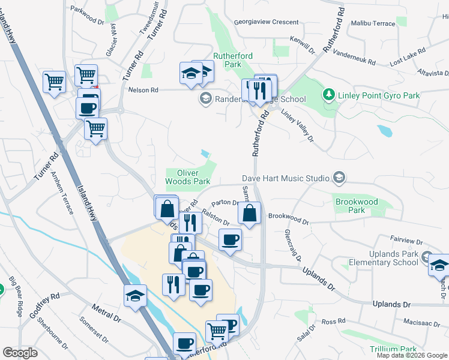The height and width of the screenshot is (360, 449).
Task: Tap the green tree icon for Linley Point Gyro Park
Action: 328,95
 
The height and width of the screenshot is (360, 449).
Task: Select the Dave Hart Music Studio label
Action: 286,178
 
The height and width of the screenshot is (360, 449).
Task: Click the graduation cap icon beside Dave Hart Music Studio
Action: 339,178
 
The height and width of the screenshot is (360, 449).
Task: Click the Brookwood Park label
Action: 357,206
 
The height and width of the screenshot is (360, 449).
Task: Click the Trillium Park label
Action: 394,349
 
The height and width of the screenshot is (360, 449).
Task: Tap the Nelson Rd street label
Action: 143,90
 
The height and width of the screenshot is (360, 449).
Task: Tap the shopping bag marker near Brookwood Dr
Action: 249,213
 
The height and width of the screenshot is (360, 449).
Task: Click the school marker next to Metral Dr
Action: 135,296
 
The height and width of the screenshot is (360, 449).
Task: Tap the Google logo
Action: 20,353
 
